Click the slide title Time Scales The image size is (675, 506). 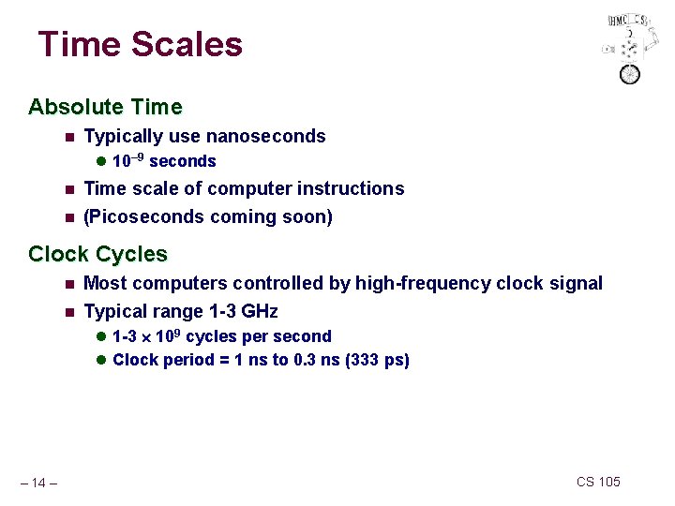pyautogui.click(x=140, y=44)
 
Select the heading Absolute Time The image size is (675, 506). pyautogui.click(x=105, y=107)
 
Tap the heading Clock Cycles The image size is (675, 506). pyautogui.click(x=97, y=254)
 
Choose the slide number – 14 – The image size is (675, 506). pyautogui.click(x=40, y=483)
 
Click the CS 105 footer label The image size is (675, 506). pyautogui.click(x=598, y=482)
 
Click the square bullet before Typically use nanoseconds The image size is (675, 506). pyautogui.click(x=68, y=137)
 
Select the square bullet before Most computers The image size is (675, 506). pyautogui.click(x=68, y=284)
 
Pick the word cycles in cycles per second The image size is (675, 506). pyautogui.click(x=229, y=336)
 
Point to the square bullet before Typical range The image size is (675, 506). pyautogui.click(x=68, y=312)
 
